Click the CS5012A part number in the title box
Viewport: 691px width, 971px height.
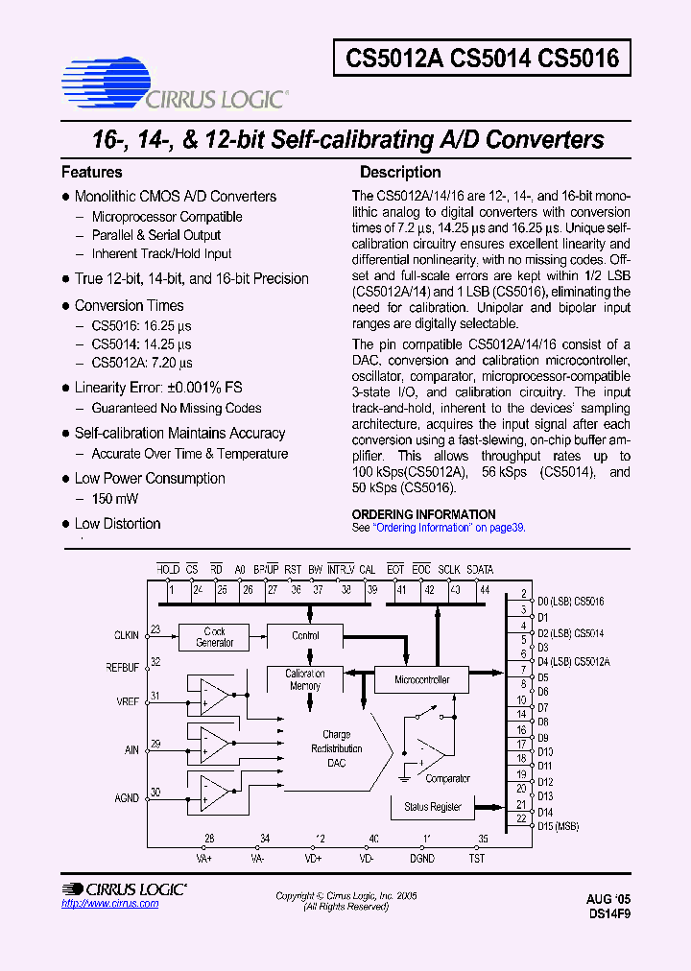(393, 59)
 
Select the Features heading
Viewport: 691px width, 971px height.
(92, 173)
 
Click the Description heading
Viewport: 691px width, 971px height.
(400, 173)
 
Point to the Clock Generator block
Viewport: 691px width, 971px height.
(214, 637)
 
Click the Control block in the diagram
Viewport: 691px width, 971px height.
(305, 636)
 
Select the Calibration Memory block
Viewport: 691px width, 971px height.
(305, 679)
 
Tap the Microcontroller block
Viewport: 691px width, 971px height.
(421, 679)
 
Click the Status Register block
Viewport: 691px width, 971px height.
(432, 807)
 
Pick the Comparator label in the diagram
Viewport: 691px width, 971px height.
(447, 778)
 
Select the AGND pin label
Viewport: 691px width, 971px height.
(126, 797)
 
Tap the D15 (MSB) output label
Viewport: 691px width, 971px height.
(558, 825)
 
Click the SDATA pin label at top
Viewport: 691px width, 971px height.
(480, 569)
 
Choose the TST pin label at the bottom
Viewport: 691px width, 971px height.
(477, 858)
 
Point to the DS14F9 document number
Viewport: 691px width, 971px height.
(608, 914)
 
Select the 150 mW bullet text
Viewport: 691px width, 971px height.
(115, 499)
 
